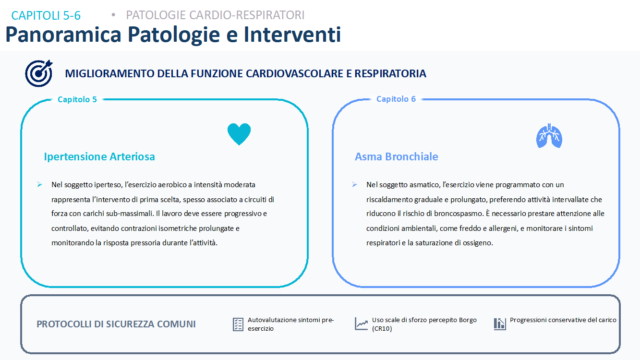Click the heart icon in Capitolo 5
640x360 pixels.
click(x=239, y=134)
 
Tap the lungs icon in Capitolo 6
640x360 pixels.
click(x=549, y=136)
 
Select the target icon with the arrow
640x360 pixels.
click(x=39, y=73)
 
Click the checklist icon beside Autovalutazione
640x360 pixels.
click(x=238, y=324)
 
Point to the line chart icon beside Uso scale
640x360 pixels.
click(x=361, y=324)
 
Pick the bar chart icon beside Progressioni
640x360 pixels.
click(x=500, y=324)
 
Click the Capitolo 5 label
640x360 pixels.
click(x=77, y=99)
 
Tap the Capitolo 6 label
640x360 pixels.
click(x=396, y=99)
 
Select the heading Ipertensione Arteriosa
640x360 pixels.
click(x=99, y=156)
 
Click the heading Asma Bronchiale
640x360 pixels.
click(x=396, y=156)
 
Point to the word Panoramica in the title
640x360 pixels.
click(x=63, y=35)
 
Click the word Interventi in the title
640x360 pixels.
click(x=292, y=35)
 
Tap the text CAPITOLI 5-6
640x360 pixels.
click(x=46, y=15)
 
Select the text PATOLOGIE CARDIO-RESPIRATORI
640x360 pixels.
click(x=215, y=15)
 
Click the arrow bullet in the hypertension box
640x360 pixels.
click(x=40, y=185)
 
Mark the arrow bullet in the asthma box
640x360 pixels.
click(x=355, y=185)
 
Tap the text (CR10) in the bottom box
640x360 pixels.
click(x=382, y=329)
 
